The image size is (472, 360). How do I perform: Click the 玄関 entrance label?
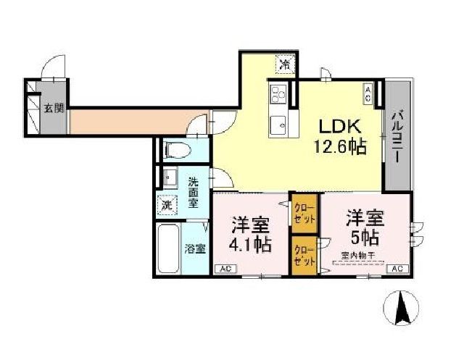[53, 109]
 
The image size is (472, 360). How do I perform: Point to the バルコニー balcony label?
[398, 138]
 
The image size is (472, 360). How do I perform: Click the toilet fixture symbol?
[178, 151]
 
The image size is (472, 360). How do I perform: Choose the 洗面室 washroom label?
[194, 192]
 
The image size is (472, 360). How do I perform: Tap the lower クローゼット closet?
[304, 255]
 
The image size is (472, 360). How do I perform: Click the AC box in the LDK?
[368, 92]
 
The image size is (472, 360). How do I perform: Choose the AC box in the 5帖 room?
[397, 269]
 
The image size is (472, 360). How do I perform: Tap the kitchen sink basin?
[278, 125]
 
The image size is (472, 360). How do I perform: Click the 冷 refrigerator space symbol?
[285, 64]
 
